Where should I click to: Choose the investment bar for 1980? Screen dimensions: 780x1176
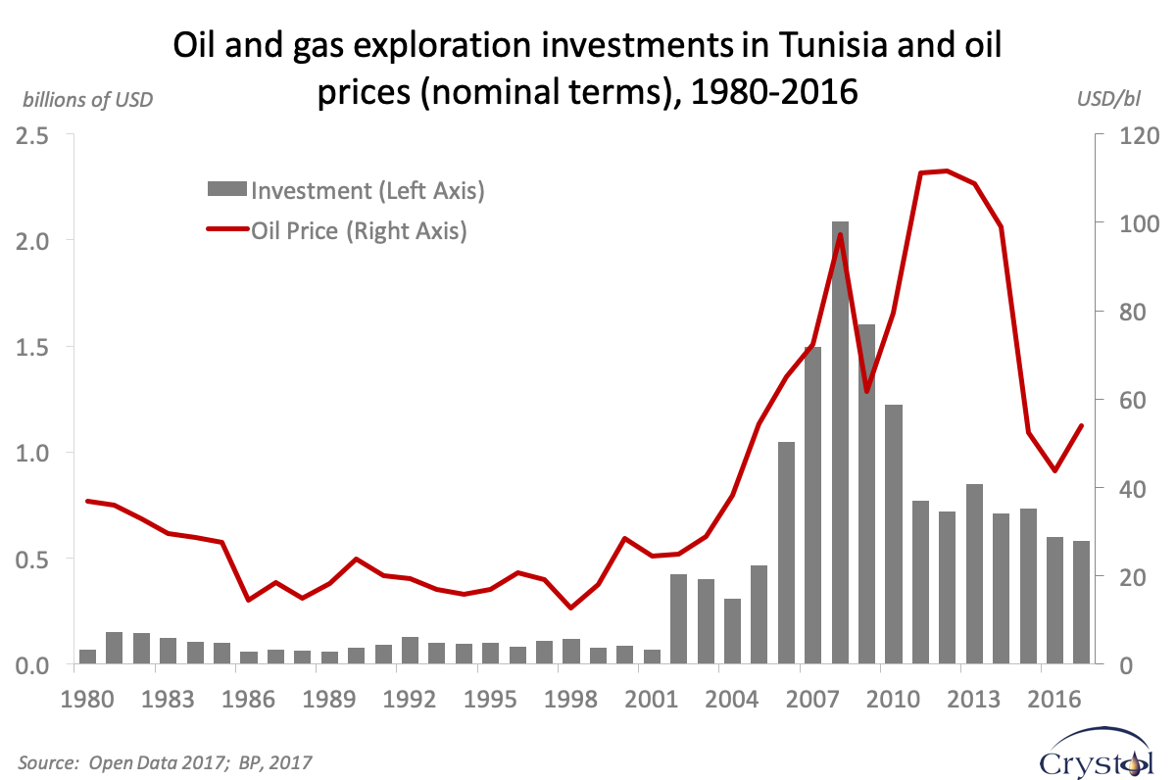click(x=87, y=658)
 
